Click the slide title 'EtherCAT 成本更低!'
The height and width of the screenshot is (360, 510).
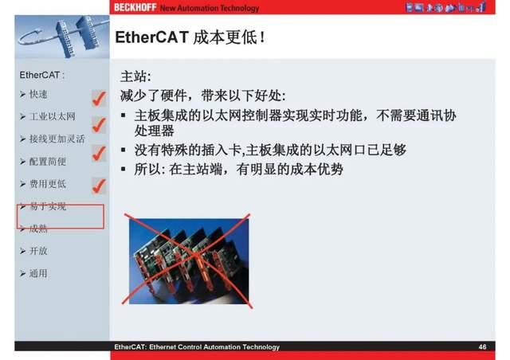click(190, 37)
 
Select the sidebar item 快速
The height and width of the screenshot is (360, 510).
click(38, 95)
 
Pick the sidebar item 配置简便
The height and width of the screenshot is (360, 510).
click(47, 161)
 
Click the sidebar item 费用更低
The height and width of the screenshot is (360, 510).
click(47, 184)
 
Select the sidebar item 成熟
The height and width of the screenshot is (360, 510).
click(38, 229)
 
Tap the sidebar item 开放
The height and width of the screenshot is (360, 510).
click(38, 251)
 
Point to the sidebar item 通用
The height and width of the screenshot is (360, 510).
click(38, 273)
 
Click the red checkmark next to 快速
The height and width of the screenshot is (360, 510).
click(99, 98)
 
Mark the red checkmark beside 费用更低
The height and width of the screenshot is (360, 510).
click(99, 186)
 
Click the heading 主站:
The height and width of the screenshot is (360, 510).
click(135, 77)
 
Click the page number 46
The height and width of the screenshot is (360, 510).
click(483, 347)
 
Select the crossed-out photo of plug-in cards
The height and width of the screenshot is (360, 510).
click(189, 260)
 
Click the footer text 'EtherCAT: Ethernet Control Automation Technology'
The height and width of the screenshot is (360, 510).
click(197, 347)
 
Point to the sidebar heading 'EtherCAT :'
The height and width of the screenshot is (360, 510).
click(41, 76)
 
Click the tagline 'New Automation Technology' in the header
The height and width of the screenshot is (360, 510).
click(210, 8)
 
